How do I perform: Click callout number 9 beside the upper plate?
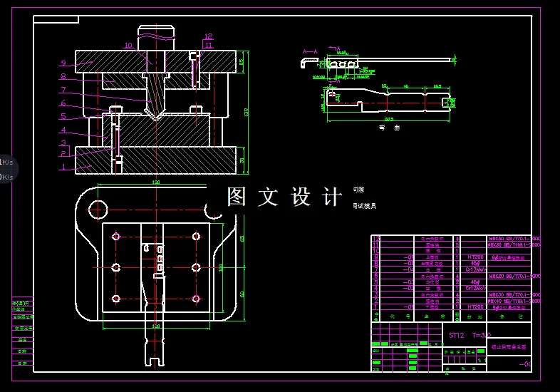click(x=63, y=63)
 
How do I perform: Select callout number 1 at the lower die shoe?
click(x=63, y=167)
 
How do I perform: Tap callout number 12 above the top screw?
click(x=208, y=36)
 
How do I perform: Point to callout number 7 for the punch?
click(x=63, y=91)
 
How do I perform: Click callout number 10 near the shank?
click(x=128, y=46)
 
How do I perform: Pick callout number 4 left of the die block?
click(x=63, y=130)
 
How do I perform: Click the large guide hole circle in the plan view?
click(x=97, y=208)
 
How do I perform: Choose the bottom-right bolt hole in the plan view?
click(x=195, y=298)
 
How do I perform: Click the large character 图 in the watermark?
click(x=237, y=197)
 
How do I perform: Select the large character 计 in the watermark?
click(x=332, y=197)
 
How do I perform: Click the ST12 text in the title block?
click(x=455, y=334)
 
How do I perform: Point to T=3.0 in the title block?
click(x=483, y=334)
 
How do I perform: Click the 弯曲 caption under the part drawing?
click(x=389, y=128)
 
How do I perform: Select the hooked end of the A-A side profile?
click(x=305, y=65)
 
